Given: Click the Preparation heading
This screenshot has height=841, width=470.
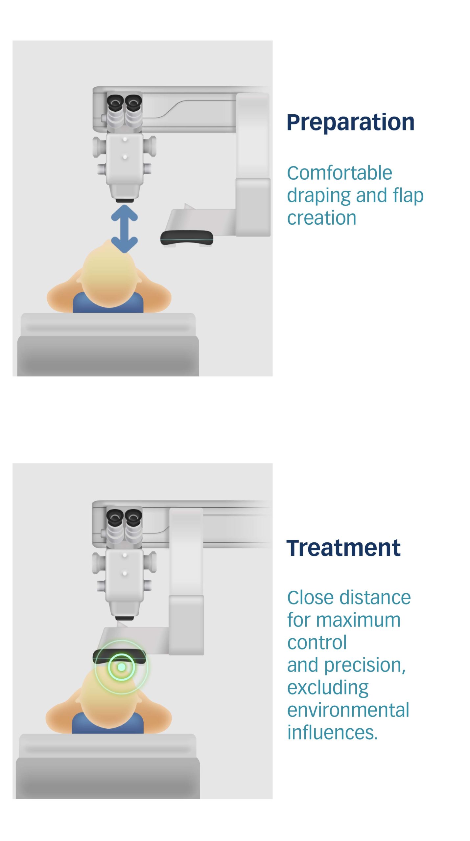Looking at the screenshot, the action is [350, 123].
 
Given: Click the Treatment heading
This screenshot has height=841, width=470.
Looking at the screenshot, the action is [343, 548].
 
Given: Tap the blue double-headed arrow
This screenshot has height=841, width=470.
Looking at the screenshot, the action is [124, 229].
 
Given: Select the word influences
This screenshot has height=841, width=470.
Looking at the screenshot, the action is [332, 732].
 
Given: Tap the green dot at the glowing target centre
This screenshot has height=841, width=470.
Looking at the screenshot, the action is [121, 667].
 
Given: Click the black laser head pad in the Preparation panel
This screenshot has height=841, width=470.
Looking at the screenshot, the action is [187, 238].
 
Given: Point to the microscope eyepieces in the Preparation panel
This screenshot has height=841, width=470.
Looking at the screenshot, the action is [124, 102].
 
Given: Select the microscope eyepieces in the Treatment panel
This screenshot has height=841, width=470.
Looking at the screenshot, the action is [124, 517].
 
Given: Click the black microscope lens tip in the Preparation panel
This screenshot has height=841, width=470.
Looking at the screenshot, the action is [125, 200].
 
